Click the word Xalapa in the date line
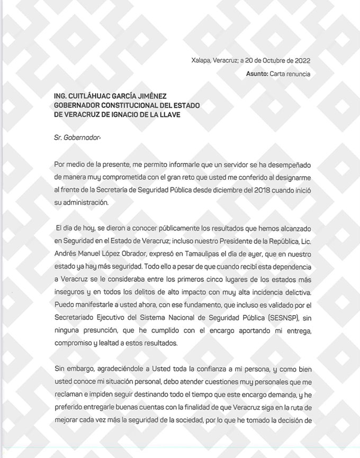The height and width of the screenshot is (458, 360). coord(201,61)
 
